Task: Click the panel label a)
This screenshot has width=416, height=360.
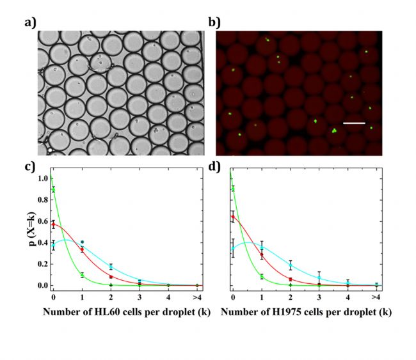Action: (x=29, y=24)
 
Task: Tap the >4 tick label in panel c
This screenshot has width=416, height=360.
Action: (x=196, y=297)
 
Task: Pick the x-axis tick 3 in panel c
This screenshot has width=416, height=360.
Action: (x=140, y=297)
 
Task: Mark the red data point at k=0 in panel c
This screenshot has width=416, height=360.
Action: (x=53, y=224)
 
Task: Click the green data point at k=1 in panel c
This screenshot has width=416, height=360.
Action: (x=82, y=275)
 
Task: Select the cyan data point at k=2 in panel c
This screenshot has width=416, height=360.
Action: (x=111, y=266)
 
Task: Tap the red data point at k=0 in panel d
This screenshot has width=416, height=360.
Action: (x=232, y=217)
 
